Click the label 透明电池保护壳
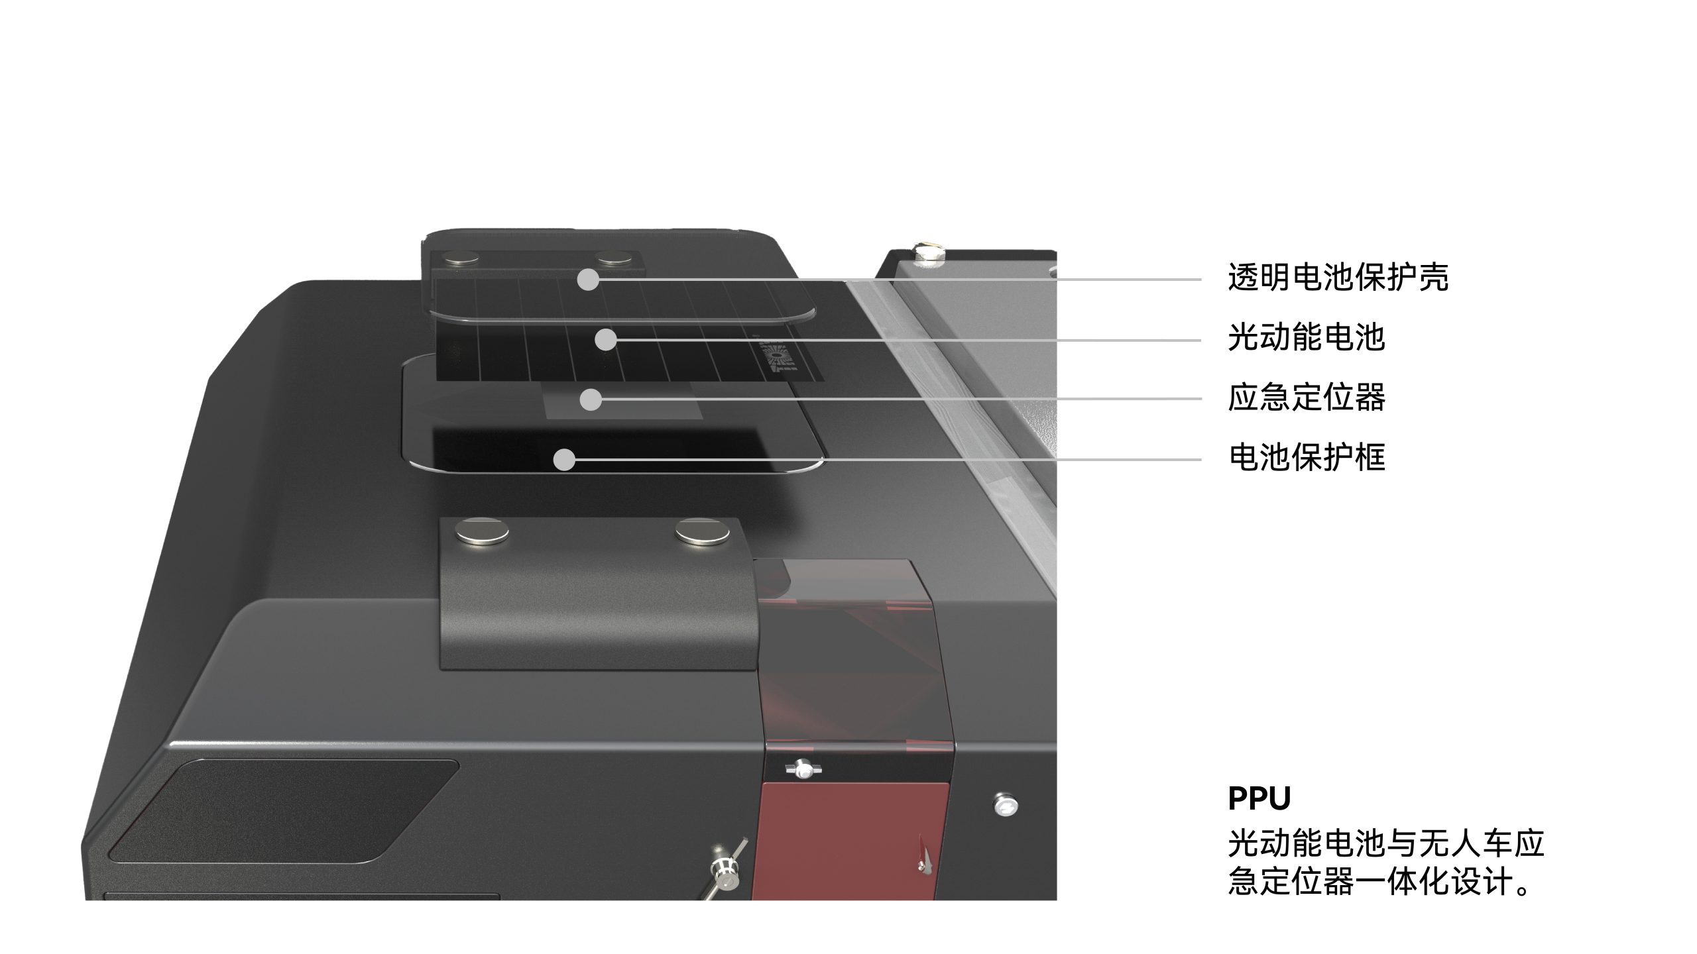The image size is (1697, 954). click(x=1338, y=278)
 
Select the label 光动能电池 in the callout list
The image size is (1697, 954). click(x=1307, y=337)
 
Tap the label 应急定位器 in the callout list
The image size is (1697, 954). click(x=1307, y=397)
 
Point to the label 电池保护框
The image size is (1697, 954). click(x=1307, y=457)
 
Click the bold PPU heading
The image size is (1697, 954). click(x=1259, y=798)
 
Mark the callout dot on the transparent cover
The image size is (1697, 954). click(x=588, y=280)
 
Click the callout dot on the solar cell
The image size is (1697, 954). click(x=605, y=340)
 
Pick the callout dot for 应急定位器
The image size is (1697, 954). click(x=591, y=399)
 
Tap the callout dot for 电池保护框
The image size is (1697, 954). click(x=564, y=459)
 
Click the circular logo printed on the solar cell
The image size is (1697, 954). click(x=778, y=358)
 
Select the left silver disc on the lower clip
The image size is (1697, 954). click(x=482, y=531)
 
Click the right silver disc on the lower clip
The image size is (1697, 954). click(x=703, y=532)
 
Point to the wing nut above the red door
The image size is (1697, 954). click(x=803, y=769)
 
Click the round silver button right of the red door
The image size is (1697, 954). click(x=1006, y=804)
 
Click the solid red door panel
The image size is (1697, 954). click(x=852, y=841)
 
